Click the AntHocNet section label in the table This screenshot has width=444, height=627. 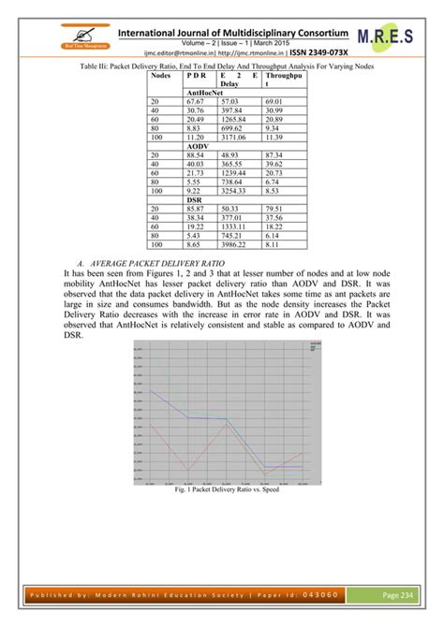[x=205, y=94]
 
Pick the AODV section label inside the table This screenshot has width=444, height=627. [x=198, y=146]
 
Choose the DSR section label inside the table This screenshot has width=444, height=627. [x=194, y=198]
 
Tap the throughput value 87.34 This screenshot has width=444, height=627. [x=274, y=154]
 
